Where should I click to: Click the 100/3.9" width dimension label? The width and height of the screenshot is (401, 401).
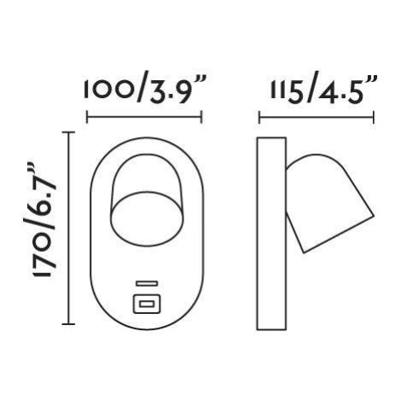coord(145,90)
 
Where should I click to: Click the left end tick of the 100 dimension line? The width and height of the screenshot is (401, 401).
coord(87,117)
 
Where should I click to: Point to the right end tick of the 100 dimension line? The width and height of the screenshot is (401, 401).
coord(201,117)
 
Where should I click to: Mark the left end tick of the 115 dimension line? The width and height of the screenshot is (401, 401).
coord(259,118)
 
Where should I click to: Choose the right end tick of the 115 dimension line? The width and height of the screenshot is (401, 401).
coord(374,118)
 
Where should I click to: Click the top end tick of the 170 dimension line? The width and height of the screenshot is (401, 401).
coord(68,132)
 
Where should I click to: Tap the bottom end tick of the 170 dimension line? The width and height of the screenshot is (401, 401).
coord(68,324)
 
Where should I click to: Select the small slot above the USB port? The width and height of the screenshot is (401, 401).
coord(147,283)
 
